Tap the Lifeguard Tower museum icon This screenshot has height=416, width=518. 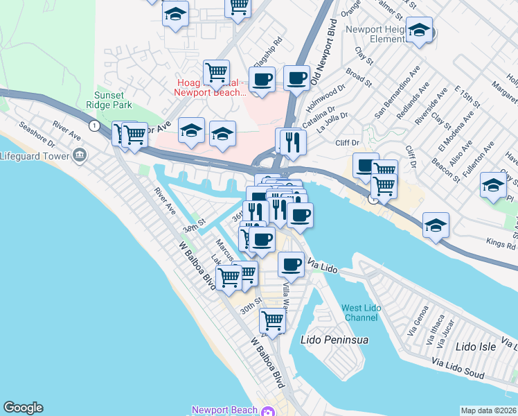pyautogui.click(x=80, y=154)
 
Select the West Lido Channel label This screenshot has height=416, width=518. pyautogui.click(x=361, y=313)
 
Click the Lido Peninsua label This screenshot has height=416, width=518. pyautogui.click(x=334, y=340)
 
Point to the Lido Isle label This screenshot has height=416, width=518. pyautogui.click(x=477, y=346)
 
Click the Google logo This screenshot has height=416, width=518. pyautogui.click(x=23, y=408)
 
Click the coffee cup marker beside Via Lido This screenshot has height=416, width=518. pyautogui.click(x=291, y=263)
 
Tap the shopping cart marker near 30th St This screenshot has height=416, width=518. pyautogui.click(x=273, y=320)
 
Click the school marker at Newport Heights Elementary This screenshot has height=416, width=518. pyautogui.click(x=419, y=30)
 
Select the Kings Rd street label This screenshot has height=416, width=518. pyautogui.click(x=500, y=245)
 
